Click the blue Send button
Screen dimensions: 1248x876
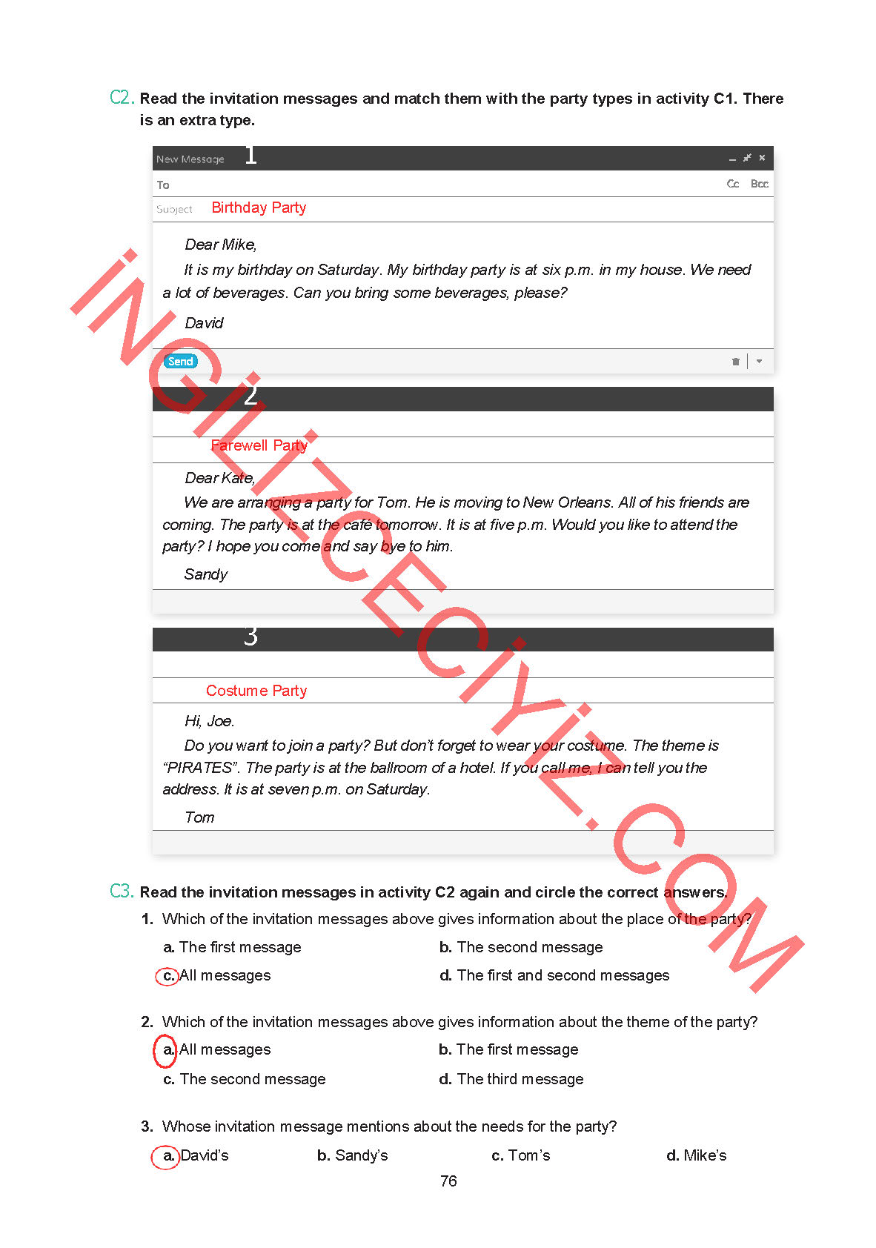180,362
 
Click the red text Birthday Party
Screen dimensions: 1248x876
259,208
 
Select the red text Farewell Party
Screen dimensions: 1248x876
259,445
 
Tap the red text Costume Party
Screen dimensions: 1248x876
256,691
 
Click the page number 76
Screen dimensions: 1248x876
448,1181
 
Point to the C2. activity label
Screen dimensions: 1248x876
122,98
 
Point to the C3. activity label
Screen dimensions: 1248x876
122,892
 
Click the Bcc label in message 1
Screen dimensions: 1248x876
759,184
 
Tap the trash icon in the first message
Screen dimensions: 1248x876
735,362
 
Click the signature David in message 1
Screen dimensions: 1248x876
204,323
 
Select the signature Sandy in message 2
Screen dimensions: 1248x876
205,574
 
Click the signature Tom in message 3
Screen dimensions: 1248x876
199,817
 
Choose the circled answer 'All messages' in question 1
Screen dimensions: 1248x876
215,976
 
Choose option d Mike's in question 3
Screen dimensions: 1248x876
697,1155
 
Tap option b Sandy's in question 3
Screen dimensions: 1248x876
353,1155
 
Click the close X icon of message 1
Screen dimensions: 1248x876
762,158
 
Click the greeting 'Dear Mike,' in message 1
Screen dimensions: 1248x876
220,245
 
